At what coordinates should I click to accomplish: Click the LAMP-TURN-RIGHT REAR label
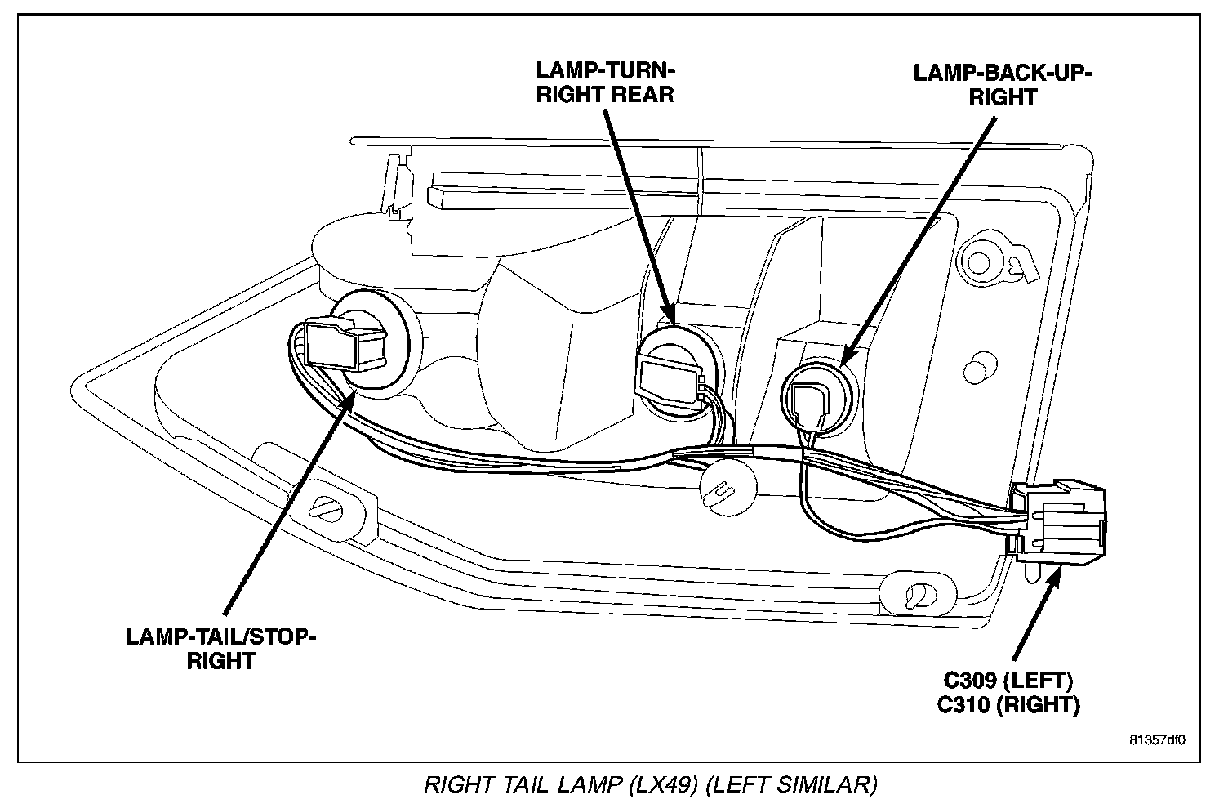click(605, 80)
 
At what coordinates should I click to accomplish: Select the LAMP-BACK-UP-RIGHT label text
click(1003, 84)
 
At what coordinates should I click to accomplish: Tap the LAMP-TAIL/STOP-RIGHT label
click(220, 648)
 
